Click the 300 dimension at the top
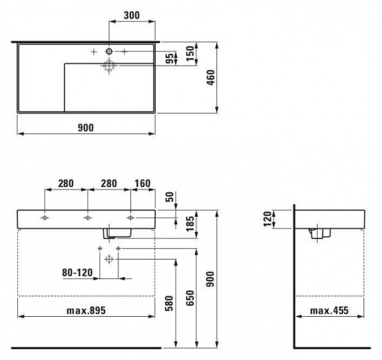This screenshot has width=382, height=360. click(132, 15)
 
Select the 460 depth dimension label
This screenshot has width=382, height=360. click(211, 78)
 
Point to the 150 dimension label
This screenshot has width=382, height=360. click(191, 53)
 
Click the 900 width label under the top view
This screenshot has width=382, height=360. click(86, 128)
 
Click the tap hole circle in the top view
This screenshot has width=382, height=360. click(109, 52)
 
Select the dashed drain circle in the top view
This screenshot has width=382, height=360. click(109, 66)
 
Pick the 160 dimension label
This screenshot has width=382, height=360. click(143, 183)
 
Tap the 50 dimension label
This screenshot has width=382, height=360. click(171, 197)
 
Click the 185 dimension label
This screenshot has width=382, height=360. click(191, 224)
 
